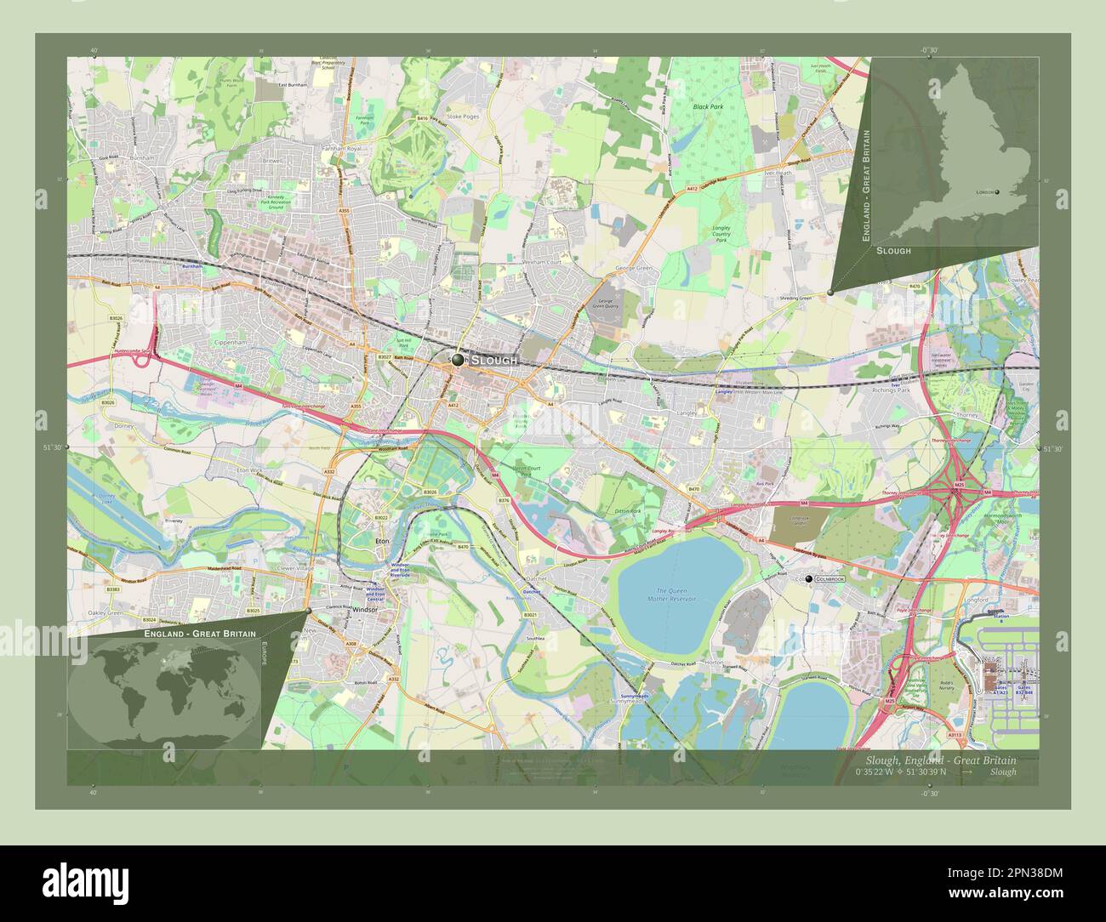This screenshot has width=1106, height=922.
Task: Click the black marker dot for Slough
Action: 458,360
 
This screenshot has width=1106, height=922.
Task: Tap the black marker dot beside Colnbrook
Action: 808,578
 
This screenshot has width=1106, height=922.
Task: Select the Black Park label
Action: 707,107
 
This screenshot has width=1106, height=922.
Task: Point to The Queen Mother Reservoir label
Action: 676,595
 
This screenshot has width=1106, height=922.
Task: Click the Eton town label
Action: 382,539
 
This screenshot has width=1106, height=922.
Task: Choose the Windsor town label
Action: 363,609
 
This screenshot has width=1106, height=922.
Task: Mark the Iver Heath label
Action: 779,173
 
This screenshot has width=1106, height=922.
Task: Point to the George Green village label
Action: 633,269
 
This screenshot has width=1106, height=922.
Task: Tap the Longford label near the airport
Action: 977,600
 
